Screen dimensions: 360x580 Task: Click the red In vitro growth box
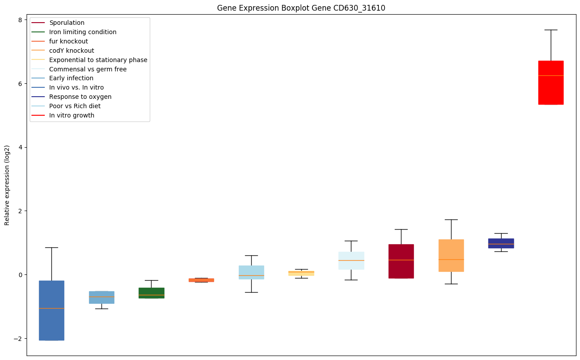tap(551, 82)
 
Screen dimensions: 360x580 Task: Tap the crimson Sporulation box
tap(401, 261)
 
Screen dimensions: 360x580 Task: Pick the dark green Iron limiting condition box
tap(151, 293)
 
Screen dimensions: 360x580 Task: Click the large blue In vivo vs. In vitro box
tap(51, 310)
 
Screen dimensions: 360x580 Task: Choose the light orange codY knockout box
tap(451, 255)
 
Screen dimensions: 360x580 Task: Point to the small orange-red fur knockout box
tap(201, 280)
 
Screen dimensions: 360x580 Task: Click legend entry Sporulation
tap(67, 23)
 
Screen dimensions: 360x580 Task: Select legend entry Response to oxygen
tap(80, 97)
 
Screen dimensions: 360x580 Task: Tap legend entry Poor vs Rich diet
tap(75, 106)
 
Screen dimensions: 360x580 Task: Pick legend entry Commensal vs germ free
tap(88, 69)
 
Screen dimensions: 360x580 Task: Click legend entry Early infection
tap(71, 78)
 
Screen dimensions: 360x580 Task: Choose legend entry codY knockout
tap(72, 51)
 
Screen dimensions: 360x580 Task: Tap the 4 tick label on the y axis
tap(19, 147)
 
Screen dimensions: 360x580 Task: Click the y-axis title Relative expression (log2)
tap(7, 185)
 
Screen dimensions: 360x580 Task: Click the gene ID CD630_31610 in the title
tap(353, 8)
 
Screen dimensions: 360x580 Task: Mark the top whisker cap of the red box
tap(551, 30)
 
